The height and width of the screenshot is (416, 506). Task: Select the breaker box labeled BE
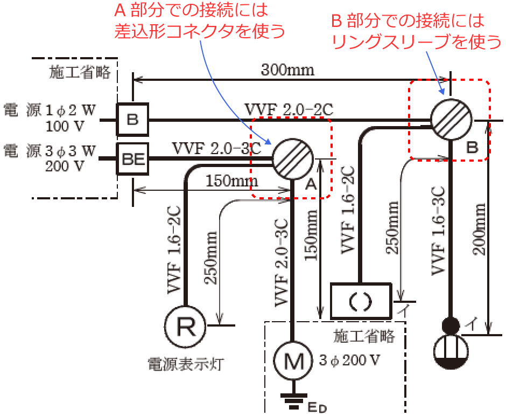tap(132, 159)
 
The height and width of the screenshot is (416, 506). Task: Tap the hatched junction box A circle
tap(292, 159)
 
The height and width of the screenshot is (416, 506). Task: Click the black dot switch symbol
tap(452, 325)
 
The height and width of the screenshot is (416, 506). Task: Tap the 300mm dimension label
tap(288, 70)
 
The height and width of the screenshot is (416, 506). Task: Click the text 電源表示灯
tap(186, 365)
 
